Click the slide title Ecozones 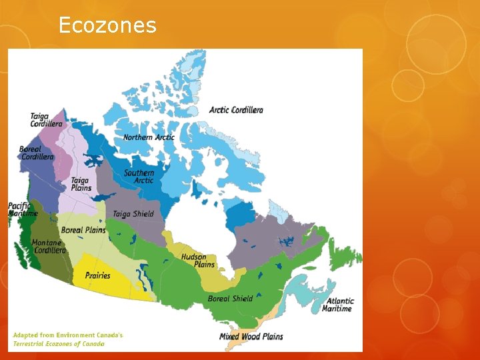[x=107, y=25]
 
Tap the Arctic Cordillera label [x=236, y=110]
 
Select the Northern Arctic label [x=149, y=137]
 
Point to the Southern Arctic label [x=139, y=177]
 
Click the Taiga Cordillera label [x=46, y=120]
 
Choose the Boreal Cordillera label [x=37, y=153]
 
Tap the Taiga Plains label [x=81, y=184]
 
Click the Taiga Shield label [x=133, y=214]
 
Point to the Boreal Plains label [x=83, y=230]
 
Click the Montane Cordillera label [x=49, y=247]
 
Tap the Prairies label [x=97, y=275]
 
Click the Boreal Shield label [x=230, y=299]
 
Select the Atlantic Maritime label [x=338, y=305]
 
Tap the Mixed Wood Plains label [x=251, y=337]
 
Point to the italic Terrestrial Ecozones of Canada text [x=59, y=344]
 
